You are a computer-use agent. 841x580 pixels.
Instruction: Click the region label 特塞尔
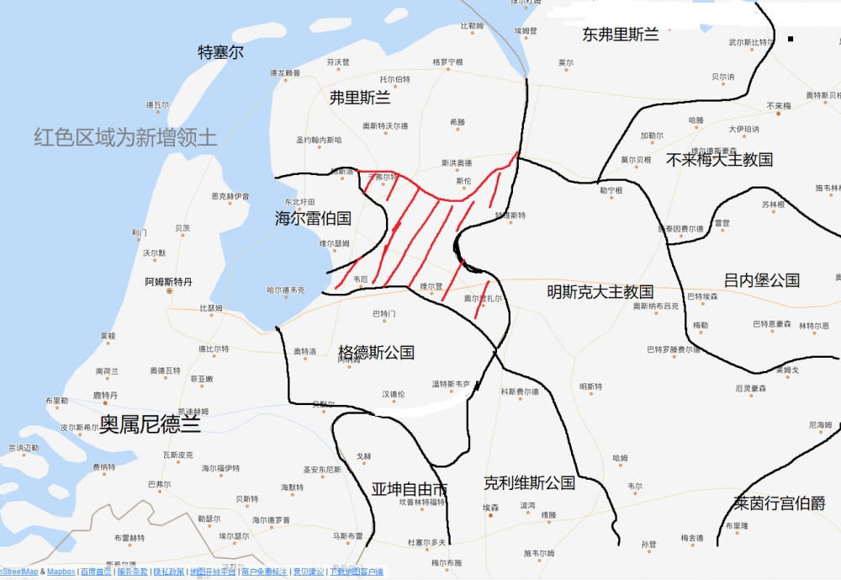point(220,52)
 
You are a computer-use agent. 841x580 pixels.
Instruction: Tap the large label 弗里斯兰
point(360,98)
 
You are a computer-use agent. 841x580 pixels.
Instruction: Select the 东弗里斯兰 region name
point(621,35)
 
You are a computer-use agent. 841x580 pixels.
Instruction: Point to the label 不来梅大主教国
point(719,159)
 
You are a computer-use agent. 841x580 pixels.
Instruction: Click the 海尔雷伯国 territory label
point(313,218)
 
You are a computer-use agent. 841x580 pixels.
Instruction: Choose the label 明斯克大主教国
point(600,292)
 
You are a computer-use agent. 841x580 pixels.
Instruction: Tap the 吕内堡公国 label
point(762,280)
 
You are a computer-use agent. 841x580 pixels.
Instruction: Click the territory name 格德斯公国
point(376,352)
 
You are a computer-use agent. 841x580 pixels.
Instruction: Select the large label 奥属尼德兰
point(151,424)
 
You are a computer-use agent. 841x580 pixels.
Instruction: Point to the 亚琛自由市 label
point(410,489)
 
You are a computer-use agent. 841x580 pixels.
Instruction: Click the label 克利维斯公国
point(529,483)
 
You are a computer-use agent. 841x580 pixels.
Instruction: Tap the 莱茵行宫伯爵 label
point(779,503)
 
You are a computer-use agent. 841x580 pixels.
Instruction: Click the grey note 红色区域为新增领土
point(125,138)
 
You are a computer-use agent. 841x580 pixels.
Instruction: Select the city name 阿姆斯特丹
point(168,281)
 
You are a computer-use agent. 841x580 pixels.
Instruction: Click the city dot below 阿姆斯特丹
point(169,291)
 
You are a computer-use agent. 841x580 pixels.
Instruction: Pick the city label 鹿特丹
point(105,395)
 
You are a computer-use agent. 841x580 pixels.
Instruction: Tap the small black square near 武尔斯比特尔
point(791,39)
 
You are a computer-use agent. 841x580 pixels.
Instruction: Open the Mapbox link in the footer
point(61,572)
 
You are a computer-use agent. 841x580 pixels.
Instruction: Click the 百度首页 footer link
point(95,572)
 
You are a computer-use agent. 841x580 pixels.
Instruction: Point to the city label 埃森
point(490,508)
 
